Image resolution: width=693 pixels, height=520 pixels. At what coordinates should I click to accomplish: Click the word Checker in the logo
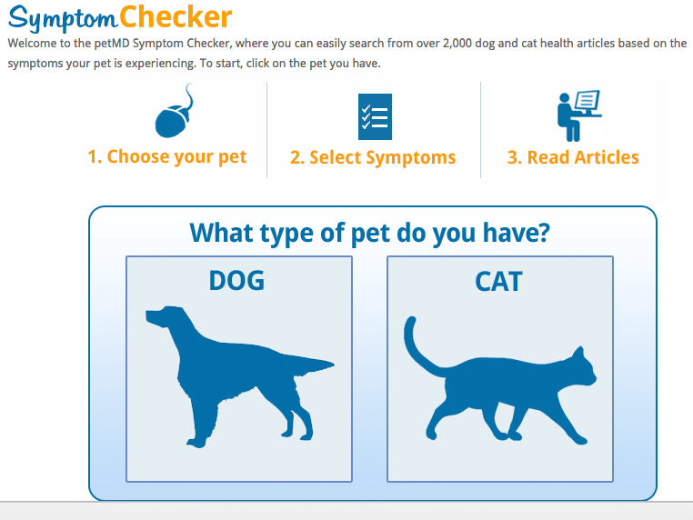pyautogui.click(x=176, y=17)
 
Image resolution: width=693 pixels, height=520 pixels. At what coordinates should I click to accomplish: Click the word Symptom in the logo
pyautogui.click(x=63, y=18)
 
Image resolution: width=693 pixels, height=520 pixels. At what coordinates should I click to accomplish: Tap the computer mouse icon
pyautogui.click(x=174, y=111)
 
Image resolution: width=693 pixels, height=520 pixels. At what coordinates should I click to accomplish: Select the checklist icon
pyautogui.click(x=375, y=116)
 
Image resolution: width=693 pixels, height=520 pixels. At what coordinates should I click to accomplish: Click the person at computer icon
pyautogui.click(x=579, y=115)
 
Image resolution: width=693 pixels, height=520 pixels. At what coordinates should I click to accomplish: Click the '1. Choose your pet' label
pyautogui.click(x=167, y=157)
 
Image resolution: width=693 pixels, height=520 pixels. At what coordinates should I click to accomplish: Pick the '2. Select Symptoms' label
pyautogui.click(x=373, y=157)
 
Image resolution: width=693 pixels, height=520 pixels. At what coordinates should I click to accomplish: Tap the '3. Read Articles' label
pyautogui.click(x=573, y=157)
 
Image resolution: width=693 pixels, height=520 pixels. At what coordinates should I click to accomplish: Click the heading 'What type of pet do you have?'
pyautogui.click(x=370, y=233)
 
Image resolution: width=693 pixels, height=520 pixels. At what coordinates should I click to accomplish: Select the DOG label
pyautogui.click(x=236, y=281)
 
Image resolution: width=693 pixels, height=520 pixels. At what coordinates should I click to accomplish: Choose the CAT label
pyautogui.click(x=498, y=282)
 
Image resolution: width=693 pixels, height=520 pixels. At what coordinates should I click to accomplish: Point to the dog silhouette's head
pyautogui.click(x=166, y=317)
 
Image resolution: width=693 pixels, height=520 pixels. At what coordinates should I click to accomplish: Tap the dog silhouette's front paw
pyautogui.click(x=196, y=442)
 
